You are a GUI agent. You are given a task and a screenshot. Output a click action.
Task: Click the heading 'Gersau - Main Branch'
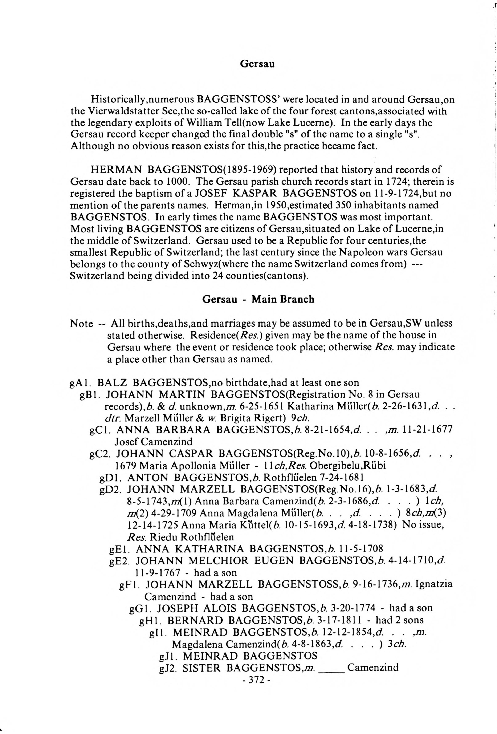point(258,299)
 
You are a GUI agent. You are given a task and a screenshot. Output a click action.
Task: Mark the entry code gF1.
point(130,584)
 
